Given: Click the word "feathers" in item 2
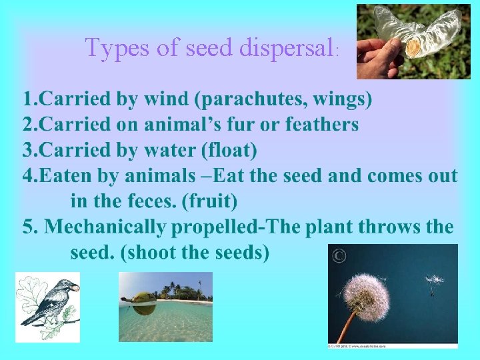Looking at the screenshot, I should coord(321,125).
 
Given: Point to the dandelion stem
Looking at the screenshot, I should coord(347,326).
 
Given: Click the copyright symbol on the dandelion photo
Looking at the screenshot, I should coord(339,255).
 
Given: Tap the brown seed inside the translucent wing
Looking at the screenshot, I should coord(413,46).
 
